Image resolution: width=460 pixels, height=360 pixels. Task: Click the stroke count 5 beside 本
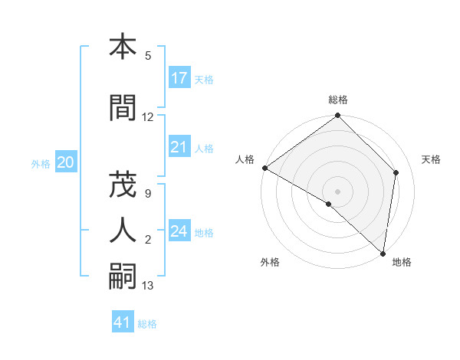tap(148, 56)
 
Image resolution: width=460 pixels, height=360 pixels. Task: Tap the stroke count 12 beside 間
tap(148, 117)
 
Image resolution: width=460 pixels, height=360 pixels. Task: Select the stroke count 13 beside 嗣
tap(148, 286)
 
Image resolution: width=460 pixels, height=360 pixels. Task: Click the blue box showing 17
tap(179, 78)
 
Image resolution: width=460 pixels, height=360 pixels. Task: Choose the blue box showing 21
tap(179, 147)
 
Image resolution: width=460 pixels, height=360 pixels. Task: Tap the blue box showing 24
tap(179, 231)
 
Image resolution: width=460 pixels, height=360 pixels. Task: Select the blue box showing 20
tap(66, 162)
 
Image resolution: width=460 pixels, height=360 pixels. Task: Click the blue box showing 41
tap(123, 323)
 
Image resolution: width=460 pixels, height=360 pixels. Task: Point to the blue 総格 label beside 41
tap(147, 324)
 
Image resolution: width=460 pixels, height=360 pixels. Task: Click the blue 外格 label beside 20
tap(41, 163)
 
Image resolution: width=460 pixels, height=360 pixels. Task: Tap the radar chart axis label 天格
tap(431, 159)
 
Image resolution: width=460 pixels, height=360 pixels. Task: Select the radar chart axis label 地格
tap(402, 262)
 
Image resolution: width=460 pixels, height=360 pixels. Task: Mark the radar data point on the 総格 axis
tap(338, 116)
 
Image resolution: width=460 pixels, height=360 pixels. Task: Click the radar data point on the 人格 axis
tap(264, 168)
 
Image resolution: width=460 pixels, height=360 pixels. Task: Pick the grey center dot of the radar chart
tap(338, 191)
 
